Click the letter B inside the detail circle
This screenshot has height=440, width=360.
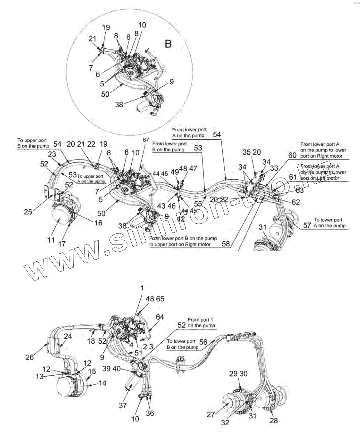click(x=167, y=44)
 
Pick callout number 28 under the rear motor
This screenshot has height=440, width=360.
click(x=274, y=421)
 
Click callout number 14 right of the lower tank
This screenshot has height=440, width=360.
click(x=103, y=383)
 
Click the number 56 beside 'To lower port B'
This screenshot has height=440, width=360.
click(x=203, y=342)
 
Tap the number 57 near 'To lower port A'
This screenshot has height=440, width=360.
click(x=307, y=225)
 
